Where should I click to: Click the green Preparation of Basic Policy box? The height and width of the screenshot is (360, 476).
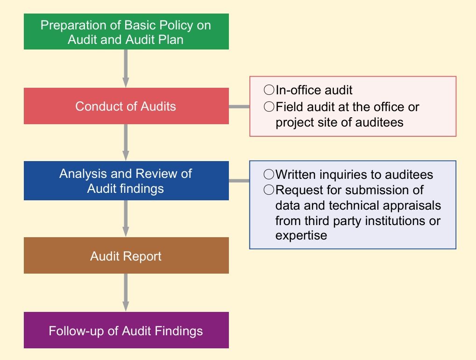(x=126, y=32)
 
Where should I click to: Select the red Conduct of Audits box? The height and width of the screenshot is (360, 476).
(x=126, y=106)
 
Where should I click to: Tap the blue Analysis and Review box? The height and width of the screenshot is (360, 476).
(x=126, y=181)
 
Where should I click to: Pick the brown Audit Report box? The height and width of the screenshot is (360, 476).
(x=126, y=255)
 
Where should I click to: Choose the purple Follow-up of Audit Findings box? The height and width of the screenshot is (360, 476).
(x=126, y=330)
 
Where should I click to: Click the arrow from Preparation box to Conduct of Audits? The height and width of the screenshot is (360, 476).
(x=126, y=69)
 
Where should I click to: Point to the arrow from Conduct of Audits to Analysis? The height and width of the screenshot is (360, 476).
(x=126, y=142)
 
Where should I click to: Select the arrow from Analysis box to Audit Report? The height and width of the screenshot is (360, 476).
(x=126, y=219)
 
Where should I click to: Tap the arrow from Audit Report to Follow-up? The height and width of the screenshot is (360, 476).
(x=126, y=293)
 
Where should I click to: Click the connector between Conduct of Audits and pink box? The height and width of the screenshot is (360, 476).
(x=239, y=106)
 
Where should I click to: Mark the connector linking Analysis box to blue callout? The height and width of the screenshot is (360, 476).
(x=239, y=181)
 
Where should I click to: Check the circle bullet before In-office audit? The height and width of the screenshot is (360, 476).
(x=269, y=90)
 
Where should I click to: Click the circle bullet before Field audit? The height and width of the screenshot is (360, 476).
(x=269, y=106)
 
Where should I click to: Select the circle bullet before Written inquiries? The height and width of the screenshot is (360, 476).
(x=269, y=174)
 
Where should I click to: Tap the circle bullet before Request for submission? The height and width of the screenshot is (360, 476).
(x=269, y=190)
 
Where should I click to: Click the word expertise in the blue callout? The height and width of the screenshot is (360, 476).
(x=301, y=236)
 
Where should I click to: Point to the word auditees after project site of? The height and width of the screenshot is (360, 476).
(x=379, y=122)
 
